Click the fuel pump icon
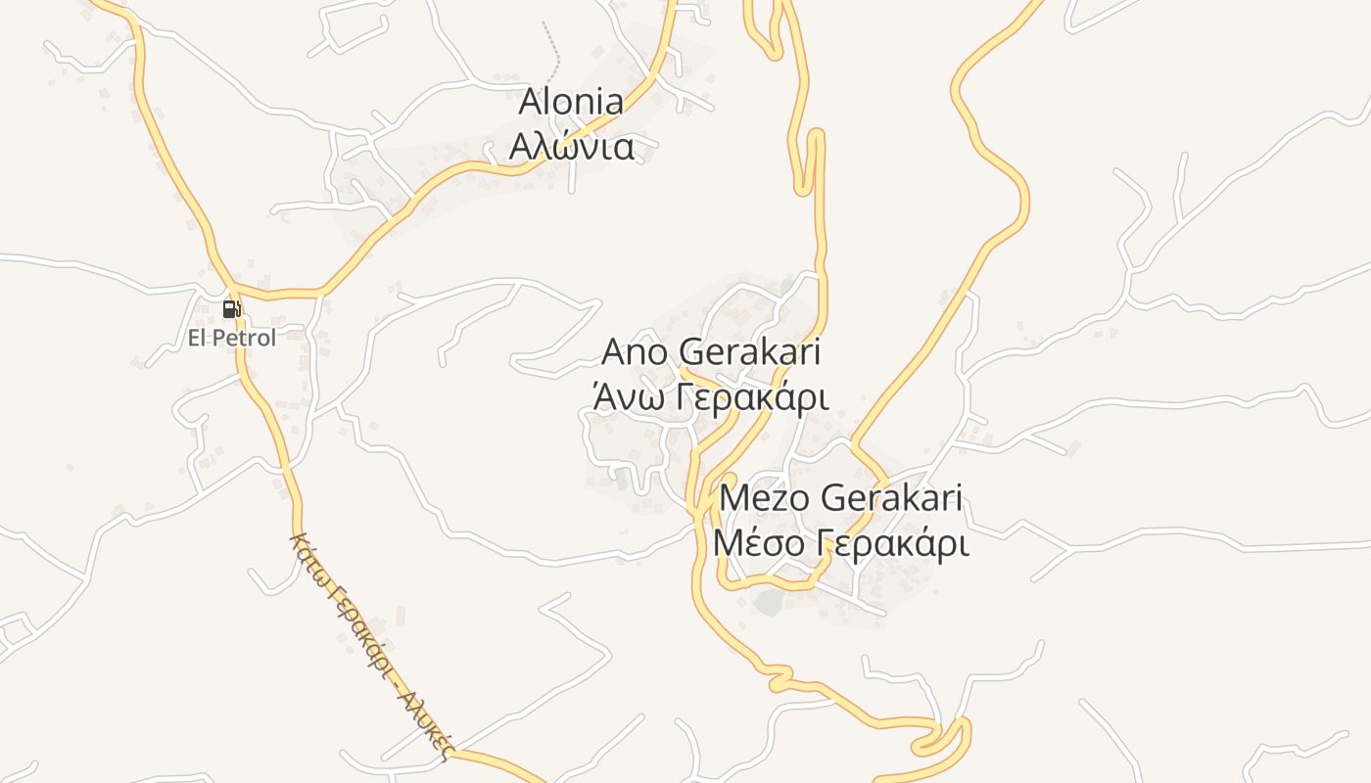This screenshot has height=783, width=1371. (231, 309)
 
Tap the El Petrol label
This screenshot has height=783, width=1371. (232, 339)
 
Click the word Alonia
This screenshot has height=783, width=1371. (571, 102)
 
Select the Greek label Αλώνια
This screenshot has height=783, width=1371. (571, 147)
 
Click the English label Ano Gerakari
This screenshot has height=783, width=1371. (710, 352)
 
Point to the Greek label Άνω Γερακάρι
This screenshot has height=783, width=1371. (710, 398)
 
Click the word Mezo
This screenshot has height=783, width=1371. (764, 498)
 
